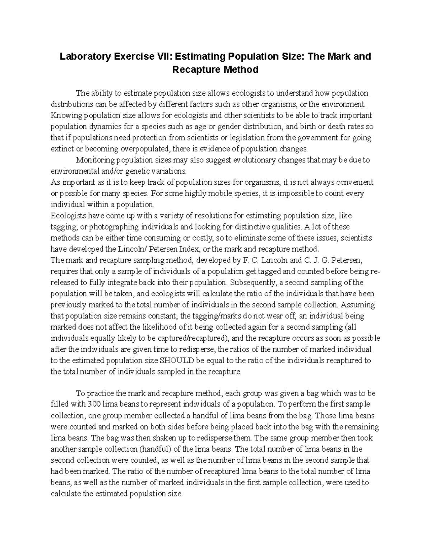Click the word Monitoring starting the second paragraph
[x=94, y=160]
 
